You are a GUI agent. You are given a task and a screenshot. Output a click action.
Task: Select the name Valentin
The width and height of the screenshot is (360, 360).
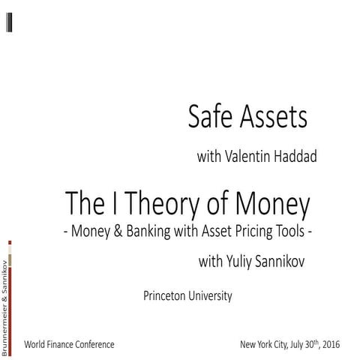click(x=250, y=157)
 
